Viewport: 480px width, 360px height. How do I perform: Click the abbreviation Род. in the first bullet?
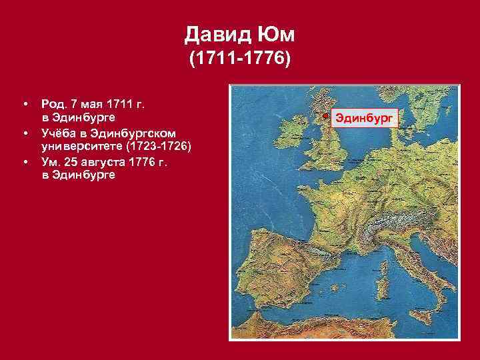(53, 103)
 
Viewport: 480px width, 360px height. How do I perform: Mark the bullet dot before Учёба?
(25, 133)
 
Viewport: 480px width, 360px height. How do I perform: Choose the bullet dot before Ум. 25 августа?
(25, 162)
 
